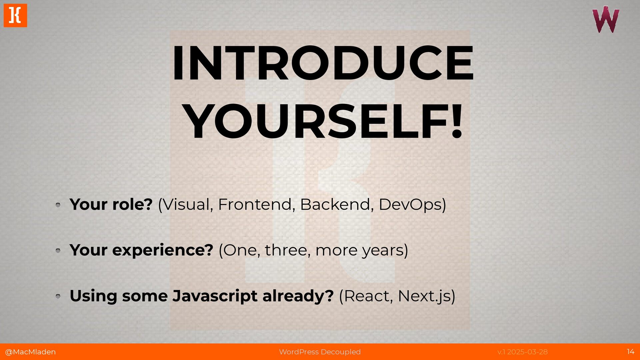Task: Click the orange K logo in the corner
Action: [x=15, y=15]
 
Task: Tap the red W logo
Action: [x=606, y=20]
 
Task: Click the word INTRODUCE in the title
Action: [x=322, y=63]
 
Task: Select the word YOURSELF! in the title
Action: [x=324, y=121]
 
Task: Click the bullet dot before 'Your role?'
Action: [x=58, y=205]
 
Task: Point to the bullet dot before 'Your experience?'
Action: [x=58, y=250]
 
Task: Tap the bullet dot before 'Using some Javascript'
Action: [x=58, y=296]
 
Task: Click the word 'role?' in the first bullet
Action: [x=132, y=204]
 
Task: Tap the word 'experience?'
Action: [x=163, y=250]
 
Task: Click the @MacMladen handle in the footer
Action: [x=30, y=352]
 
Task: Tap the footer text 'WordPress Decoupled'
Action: [x=320, y=352]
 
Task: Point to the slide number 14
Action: [x=630, y=352]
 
